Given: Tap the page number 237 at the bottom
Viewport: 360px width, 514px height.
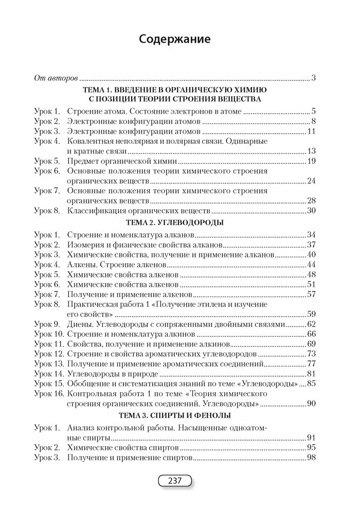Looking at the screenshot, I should (x=175, y=481).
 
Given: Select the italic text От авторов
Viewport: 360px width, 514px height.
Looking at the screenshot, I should (x=56, y=79).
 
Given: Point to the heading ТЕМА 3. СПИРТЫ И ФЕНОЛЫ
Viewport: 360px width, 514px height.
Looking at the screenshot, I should (x=174, y=415).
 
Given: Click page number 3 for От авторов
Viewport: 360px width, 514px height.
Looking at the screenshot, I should (x=313, y=79).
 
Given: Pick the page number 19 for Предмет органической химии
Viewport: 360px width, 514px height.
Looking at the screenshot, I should (x=310, y=161).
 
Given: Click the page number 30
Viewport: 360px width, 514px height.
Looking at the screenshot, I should (x=310, y=211).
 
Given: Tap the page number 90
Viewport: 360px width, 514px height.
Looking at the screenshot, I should (x=310, y=403).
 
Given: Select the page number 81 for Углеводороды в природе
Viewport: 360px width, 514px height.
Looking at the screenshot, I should (x=310, y=374).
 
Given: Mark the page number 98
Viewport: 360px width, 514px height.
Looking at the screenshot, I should (x=310, y=457).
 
